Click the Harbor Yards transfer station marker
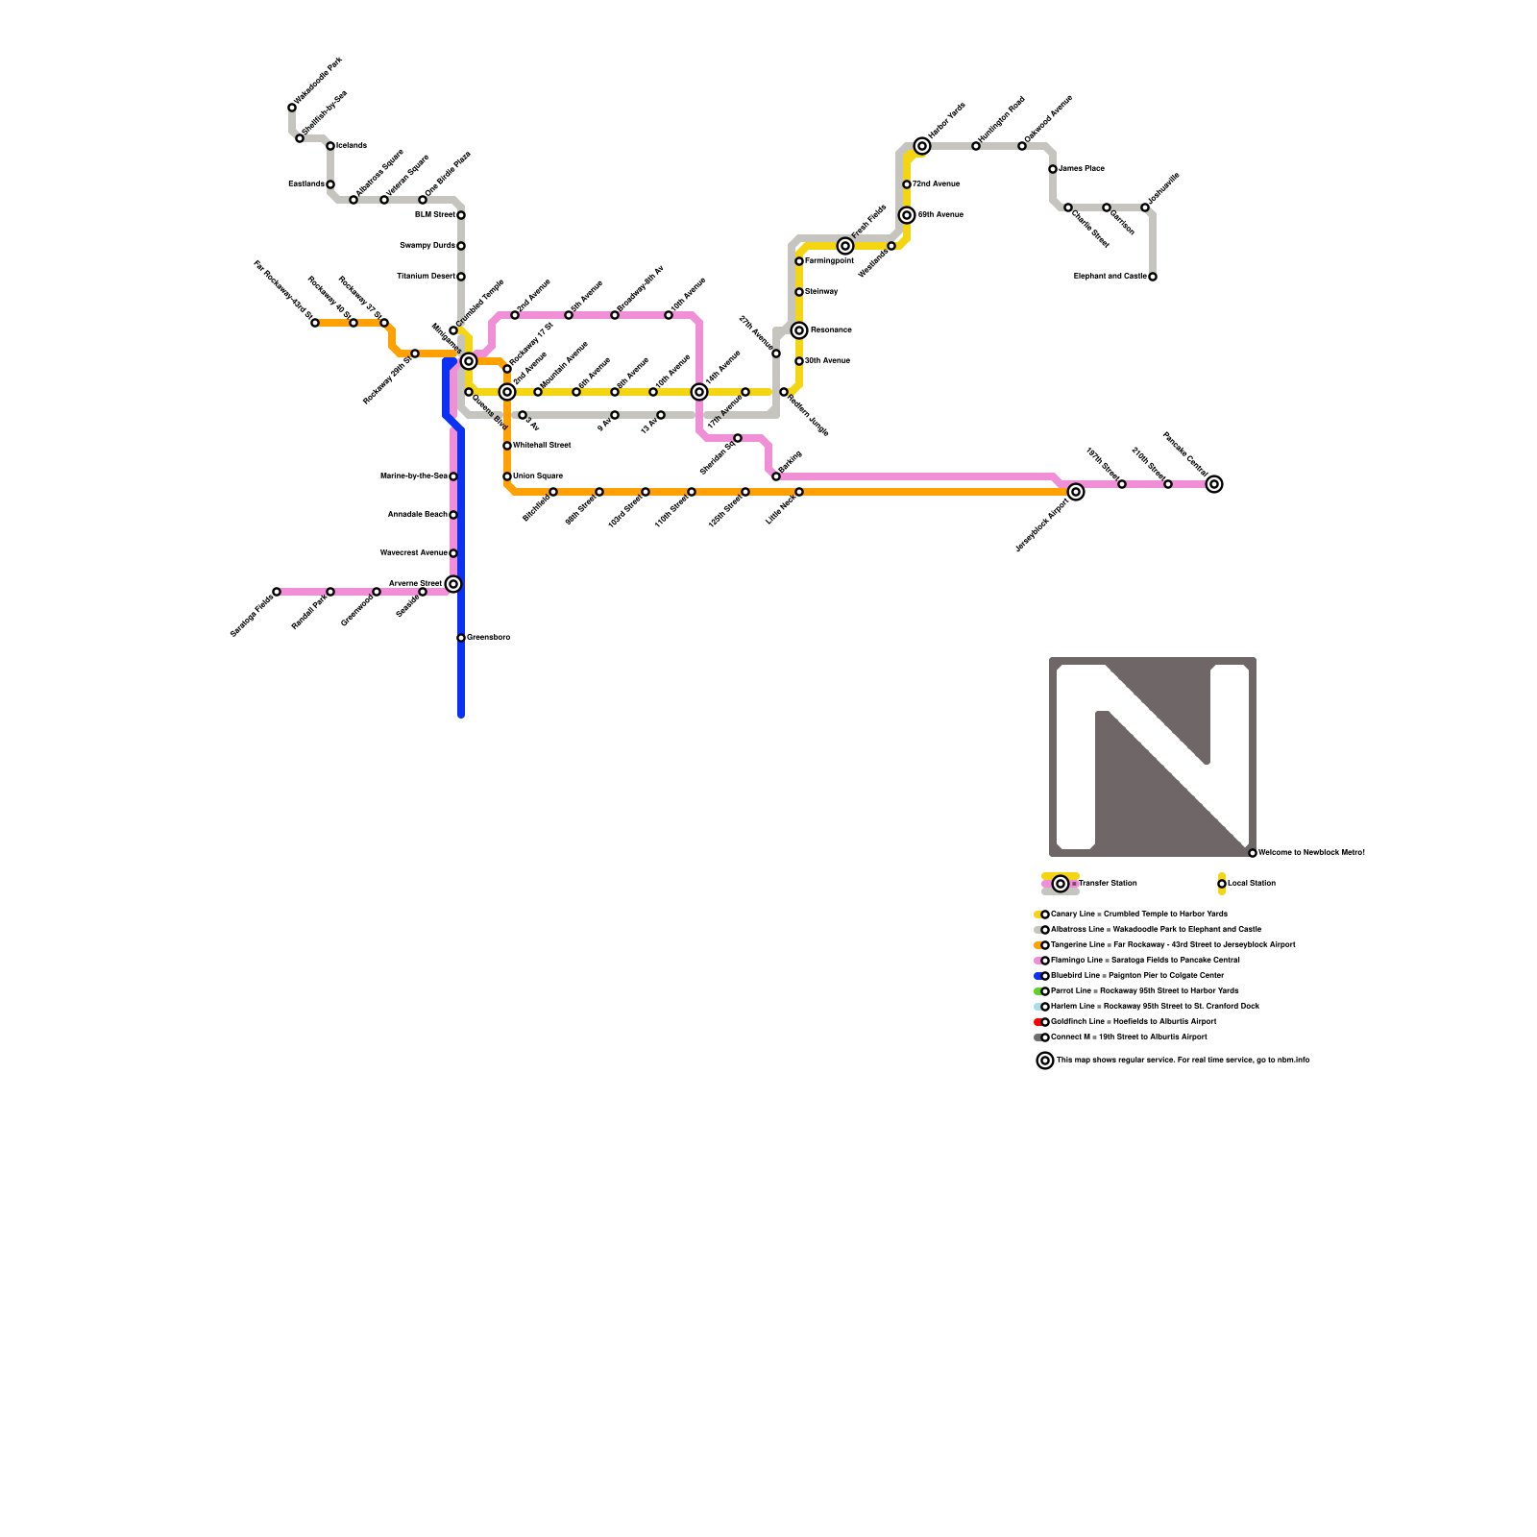tap(922, 146)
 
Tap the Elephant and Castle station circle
tap(1153, 277)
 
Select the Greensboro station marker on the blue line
tap(461, 638)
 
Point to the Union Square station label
tap(538, 476)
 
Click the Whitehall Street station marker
tap(507, 446)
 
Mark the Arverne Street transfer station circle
tap(453, 584)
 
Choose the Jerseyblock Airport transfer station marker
tap(1076, 492)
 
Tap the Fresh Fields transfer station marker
tap(845, 246)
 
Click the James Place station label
tap(1082, 169)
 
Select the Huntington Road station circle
tap(976, 146)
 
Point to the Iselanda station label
tap(352, 146)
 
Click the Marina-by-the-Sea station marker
tap(453, 476)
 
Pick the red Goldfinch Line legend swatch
tap(1037, 1022)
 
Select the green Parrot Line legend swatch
tap(1037, 991)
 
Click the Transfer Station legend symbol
tap(1061, 884)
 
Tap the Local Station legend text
tap(1252, 884)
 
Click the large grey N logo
tap(1153, 757)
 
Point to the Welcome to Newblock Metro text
tap(1311, 853)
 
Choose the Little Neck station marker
tap(799, 492)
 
